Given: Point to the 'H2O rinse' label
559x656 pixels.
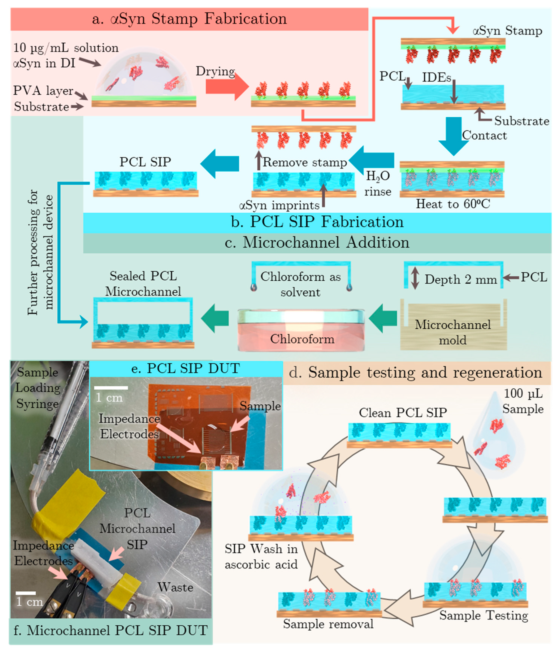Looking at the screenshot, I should pos(378,184).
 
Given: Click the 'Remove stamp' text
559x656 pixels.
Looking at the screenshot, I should pos(304,162).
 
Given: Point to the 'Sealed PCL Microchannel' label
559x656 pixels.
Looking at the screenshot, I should pos(143,284).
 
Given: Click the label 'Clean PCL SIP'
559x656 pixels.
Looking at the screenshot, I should pos(403,413).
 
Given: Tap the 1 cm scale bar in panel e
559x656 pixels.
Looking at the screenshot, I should pos(111,388).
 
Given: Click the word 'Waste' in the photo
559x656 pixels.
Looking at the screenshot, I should pos(175,587).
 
